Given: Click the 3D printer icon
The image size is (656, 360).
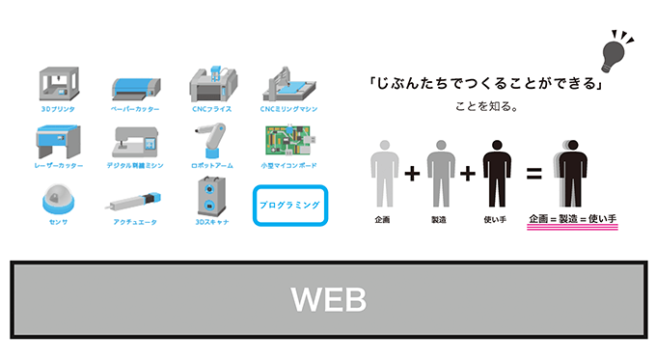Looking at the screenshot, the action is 57,84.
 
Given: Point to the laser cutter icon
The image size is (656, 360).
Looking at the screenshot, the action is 57,142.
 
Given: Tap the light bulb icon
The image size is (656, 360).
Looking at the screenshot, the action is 613,54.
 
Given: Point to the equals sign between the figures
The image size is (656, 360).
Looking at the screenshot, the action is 533,175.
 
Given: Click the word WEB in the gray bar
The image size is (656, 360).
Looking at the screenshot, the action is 329,299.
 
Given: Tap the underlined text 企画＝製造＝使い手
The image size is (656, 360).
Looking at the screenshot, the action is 572,220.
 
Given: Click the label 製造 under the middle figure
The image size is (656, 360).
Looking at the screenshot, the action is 440,220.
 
